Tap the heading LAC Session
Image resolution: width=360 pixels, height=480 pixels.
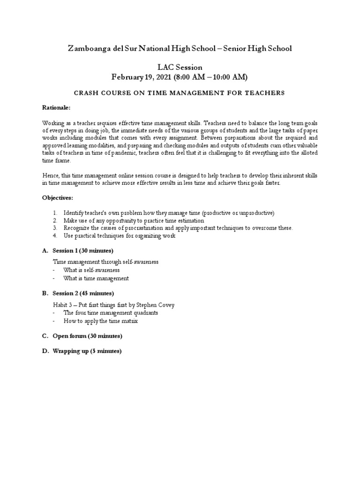click(180, 67)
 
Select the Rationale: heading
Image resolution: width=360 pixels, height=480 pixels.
click(56, 107)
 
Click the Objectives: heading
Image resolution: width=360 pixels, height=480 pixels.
click(58, 198)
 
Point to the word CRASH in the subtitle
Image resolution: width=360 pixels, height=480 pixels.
click(89, 93)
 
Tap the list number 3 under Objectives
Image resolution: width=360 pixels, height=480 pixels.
click(55, 228)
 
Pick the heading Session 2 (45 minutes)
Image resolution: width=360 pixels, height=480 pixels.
click(83, 293)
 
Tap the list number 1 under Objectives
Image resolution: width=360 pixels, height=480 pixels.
click(55, 213)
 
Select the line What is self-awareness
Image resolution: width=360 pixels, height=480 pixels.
click(91, 270)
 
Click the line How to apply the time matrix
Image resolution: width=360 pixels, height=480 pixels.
click(101, 321)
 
